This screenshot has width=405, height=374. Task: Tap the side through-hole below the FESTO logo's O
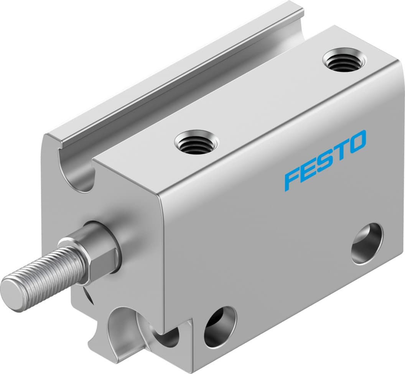(367, 243)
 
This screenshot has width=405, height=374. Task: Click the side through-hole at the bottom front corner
(219, 327)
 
